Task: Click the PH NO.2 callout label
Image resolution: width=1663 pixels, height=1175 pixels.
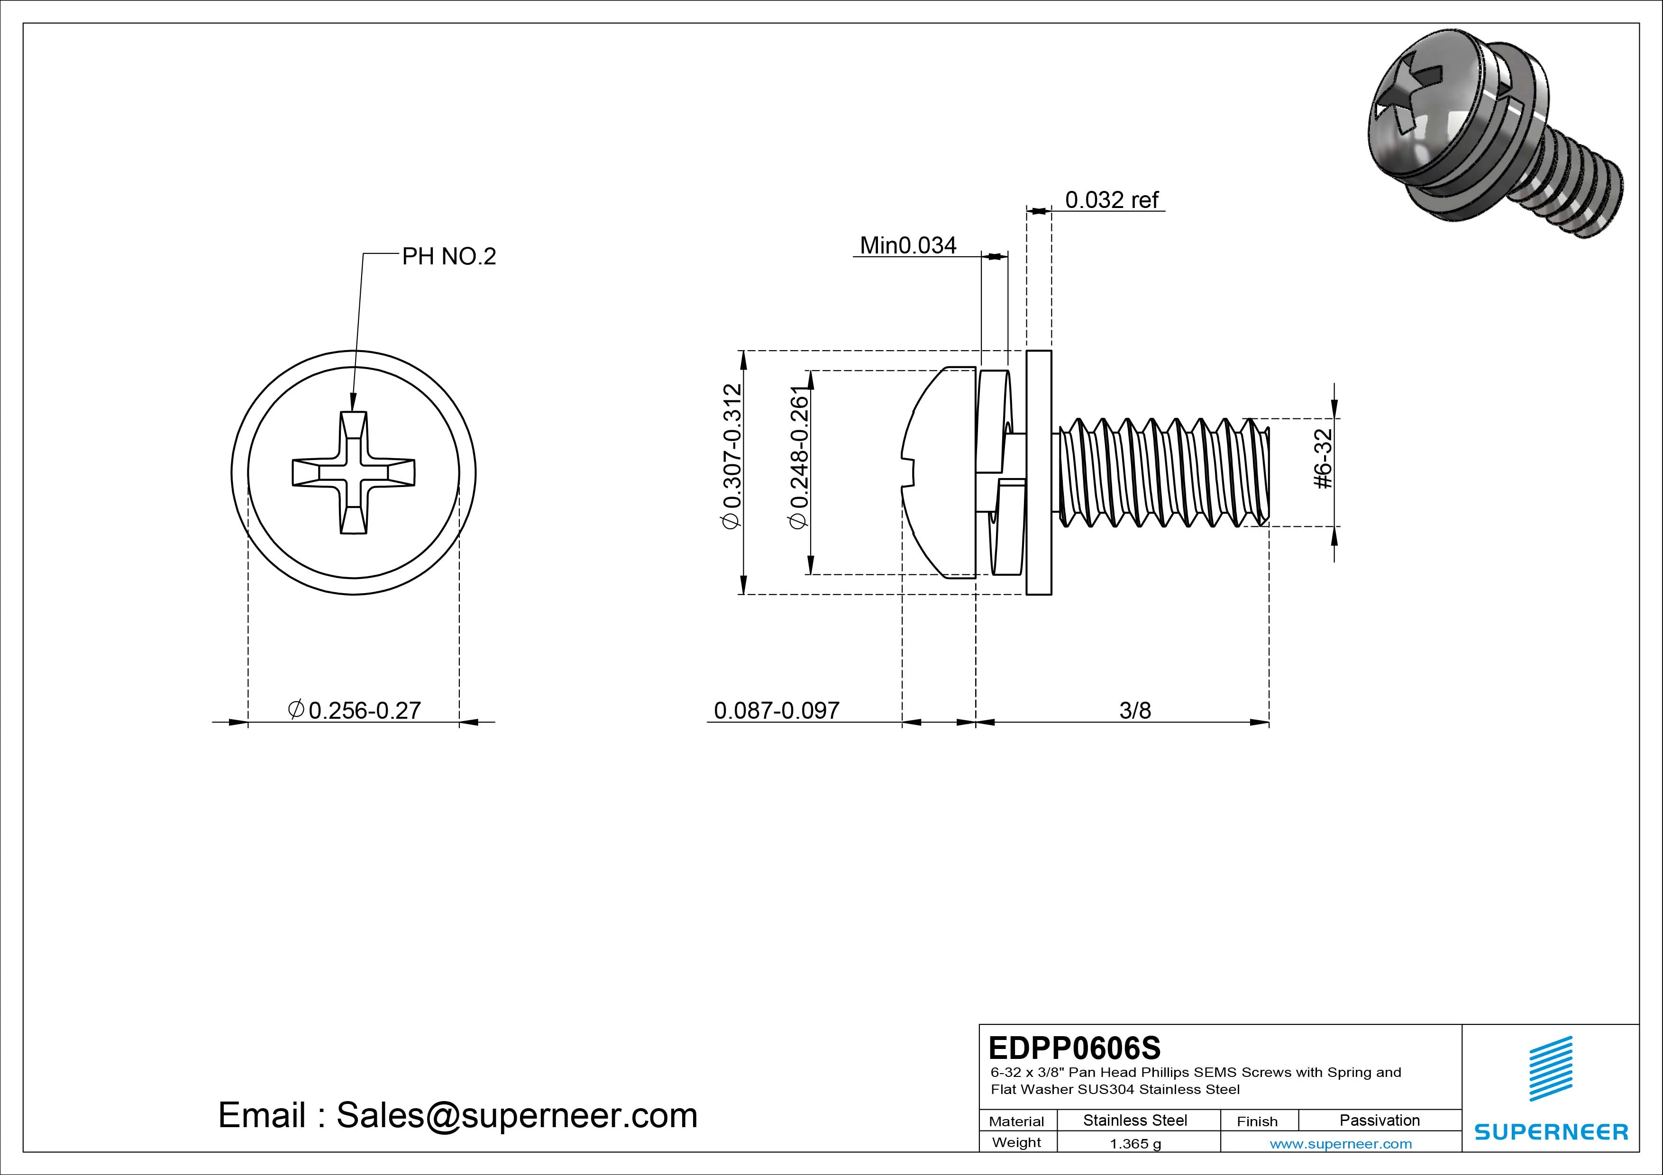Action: [448, 256]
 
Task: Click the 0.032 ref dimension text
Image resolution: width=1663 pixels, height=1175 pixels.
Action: [1111, 200]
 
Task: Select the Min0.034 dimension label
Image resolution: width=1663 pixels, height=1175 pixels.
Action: [907, 245]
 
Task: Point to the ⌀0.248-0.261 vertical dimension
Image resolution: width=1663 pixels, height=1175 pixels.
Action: [798, 458]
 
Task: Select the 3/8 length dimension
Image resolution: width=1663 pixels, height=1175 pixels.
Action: [1134, 710]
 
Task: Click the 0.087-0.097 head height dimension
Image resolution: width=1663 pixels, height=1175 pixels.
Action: [777, 710]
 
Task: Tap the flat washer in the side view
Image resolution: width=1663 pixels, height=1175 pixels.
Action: [1039, 473]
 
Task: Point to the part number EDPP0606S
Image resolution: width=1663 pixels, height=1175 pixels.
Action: [1074, 1048]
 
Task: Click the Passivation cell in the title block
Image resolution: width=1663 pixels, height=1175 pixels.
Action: [1379, 1120]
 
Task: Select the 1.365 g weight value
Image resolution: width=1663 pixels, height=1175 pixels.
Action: [1135, 1144]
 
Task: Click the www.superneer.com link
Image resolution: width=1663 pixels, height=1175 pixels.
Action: [1340, 1144]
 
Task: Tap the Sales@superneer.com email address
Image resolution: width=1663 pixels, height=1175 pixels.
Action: [516, 1116]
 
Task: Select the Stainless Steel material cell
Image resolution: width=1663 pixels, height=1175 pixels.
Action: [1134, 1120]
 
